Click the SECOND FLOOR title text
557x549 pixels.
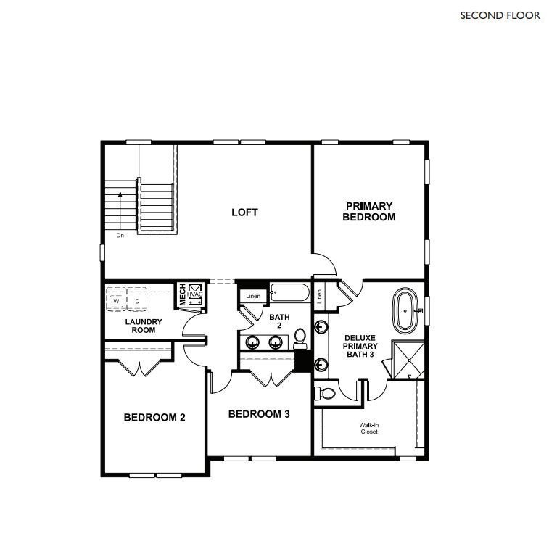(x=500, y=15)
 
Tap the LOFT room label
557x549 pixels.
(x=244, y=212)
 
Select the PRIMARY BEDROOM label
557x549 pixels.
(x=368, y=212)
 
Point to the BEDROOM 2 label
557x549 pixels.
(x=154, y=418)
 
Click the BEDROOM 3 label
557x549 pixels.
(x=259, y=414)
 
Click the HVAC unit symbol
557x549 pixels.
(x=195, y=294)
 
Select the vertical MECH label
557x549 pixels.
(x=183, y=294)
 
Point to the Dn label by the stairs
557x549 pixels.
(x=120, y=236)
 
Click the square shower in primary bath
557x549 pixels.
(x=405, y=359)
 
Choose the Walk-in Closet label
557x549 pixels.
(x=369, y=429)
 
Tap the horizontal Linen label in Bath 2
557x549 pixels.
(x=252, y=296)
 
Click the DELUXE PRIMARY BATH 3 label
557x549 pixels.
(x=360, y=347)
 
